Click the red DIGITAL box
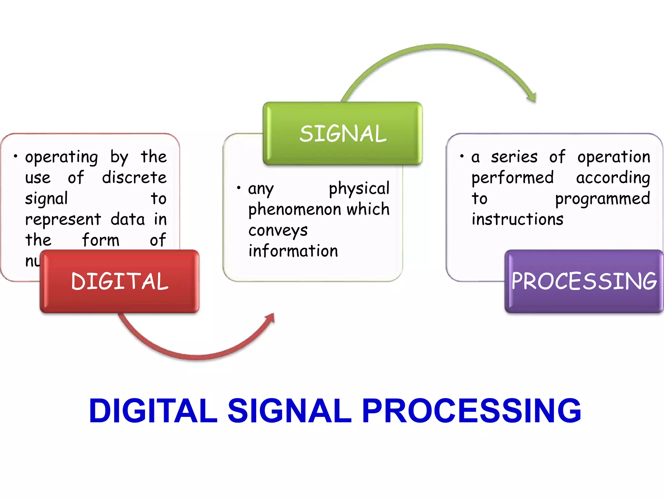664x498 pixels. [x=120, y=281]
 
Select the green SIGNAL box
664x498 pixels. [x=343, y=134]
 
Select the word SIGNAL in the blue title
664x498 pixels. [x=290, y=411]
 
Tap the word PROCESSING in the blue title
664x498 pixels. [x=471, y=411]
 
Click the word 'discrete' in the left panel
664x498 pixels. [x=134, y=177]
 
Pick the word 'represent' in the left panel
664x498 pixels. [x=63, y=220]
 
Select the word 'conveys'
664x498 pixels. [x=278, y=231]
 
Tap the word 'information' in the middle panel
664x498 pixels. [x=293, y=251]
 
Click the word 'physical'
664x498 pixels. [x=359, y=189]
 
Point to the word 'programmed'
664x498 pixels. [x=602, y=199]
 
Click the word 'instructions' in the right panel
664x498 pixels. [x=517, y=219]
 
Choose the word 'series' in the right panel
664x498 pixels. [x=514, y=157]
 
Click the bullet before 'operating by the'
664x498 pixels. [x=16, y=156]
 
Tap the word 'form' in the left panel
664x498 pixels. [x=101, y=240]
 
